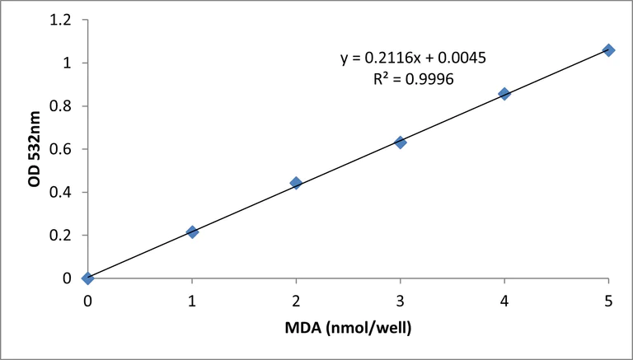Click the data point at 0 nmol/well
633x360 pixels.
click(88, 278)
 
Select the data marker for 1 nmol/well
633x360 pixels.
click(192, 232)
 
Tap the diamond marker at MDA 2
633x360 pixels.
click(296, 183)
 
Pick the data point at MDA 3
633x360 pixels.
click(401, 143)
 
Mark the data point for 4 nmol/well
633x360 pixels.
click(504, 94)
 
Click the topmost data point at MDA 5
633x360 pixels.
click(608, 50)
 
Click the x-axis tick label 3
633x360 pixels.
click(401, 302)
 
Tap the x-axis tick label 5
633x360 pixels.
click(608, 302)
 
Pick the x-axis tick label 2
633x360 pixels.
click(296, 302)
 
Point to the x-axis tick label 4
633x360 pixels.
click(504, 302)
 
